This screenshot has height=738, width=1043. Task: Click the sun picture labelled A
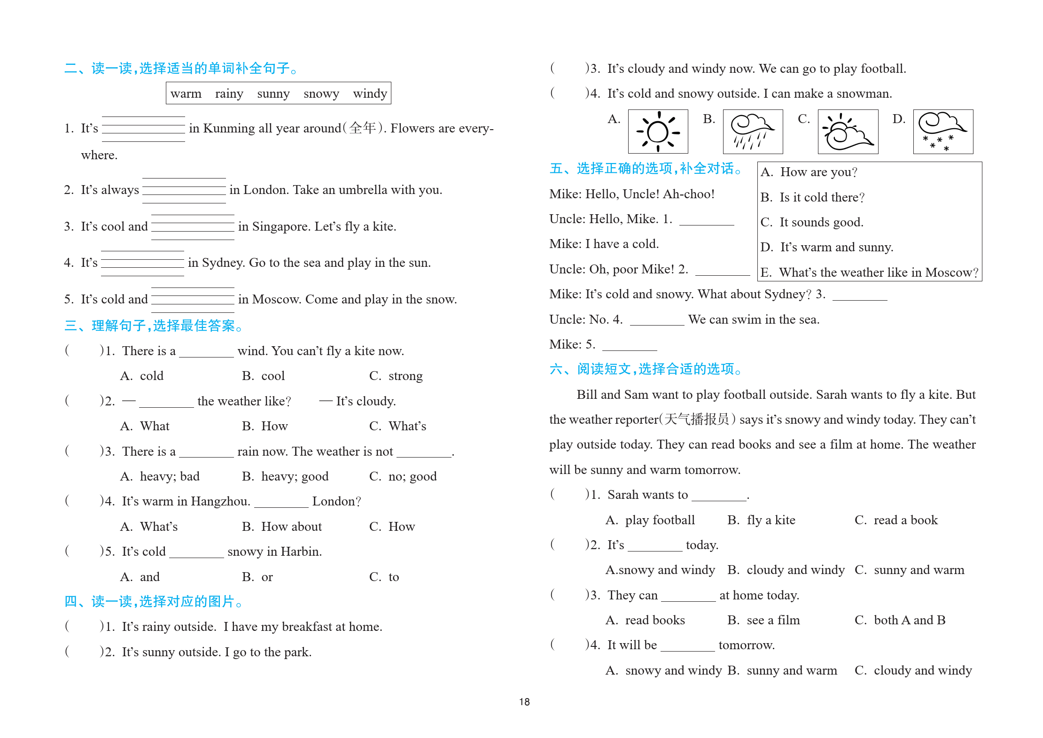(x=658, y=132)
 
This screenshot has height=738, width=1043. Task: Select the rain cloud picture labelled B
(x=753, y=132)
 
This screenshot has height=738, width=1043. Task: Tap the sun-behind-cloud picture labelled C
(x=848, y=132)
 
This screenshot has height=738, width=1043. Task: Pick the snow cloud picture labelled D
(x=943, y=132)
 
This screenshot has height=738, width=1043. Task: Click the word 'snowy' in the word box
(x=321, y=93)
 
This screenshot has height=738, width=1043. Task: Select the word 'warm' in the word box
(x=186, y=93)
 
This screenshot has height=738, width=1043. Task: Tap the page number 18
(x=524, y=702)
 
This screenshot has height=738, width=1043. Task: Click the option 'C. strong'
(x=396, y=376)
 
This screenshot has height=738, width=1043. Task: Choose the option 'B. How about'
(x=282, y=527)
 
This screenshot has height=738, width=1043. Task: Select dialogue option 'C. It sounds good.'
(x=812, y=222)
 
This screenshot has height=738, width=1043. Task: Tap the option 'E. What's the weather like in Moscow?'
(x=869, y=272)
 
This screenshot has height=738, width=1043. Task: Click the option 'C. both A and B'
(x=900, y=620)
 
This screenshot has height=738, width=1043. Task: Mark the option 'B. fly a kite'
(x=761, y=520)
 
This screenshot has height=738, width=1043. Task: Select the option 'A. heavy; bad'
(x=160, y=476)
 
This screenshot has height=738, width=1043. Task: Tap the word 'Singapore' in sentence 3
(x=281, y=226)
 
